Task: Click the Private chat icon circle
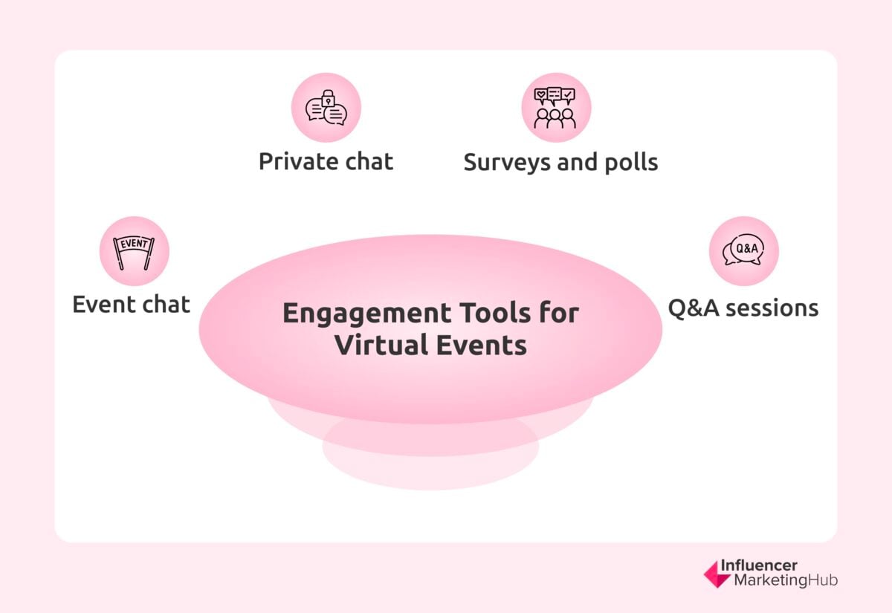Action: point(326,108)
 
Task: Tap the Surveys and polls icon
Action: point(556,108)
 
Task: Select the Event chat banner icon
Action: point(135,251)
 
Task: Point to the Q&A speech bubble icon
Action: point(743,251)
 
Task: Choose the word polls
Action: point(632,162)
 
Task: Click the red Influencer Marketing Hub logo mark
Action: point(717,574)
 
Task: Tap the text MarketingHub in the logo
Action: point(785,580)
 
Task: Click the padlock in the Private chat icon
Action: point(326,99)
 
